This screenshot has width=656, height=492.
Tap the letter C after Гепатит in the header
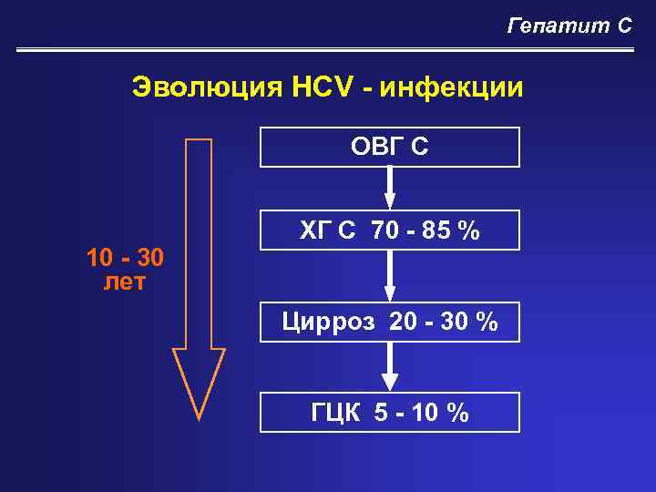(624, 26)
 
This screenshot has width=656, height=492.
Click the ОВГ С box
(390, 147)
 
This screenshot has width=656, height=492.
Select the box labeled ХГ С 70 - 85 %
(390, 231)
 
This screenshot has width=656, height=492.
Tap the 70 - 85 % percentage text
(425, 231)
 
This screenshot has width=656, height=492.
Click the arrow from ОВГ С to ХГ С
(390, 189)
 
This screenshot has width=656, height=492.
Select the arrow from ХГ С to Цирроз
(390, 276)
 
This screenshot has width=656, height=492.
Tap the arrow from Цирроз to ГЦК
(390, 367)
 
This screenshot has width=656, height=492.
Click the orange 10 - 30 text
(126, 259)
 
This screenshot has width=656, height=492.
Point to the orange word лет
(126, 282)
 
